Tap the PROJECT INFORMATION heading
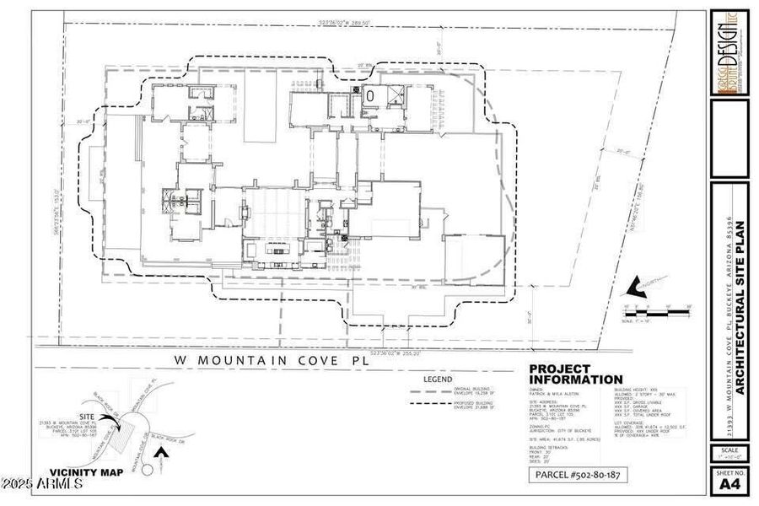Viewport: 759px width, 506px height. (576, 374)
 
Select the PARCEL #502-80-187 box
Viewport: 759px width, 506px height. (579, 476)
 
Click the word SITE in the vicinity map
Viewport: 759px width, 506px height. (87, 417)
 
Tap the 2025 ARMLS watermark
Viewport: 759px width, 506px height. (42, 484)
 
